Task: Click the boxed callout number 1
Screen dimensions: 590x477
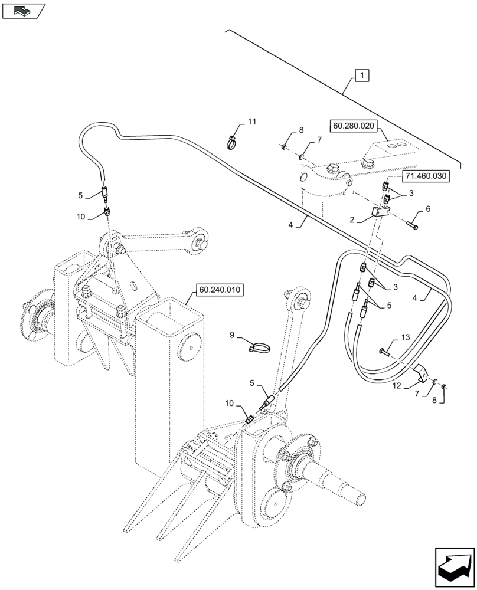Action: (362, 75)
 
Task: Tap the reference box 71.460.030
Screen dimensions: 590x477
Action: (426, 176)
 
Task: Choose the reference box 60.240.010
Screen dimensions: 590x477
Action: (220, 290)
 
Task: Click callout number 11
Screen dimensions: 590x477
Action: (252, 122)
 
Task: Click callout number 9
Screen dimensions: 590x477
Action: (232, 335)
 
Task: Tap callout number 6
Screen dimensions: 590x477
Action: (428, 209)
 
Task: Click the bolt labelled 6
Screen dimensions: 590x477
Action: (413, 225)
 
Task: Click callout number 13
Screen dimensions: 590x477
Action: (404, 337)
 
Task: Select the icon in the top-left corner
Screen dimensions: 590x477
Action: (23, 10)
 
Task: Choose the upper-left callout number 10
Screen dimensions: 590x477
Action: (81, 217)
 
